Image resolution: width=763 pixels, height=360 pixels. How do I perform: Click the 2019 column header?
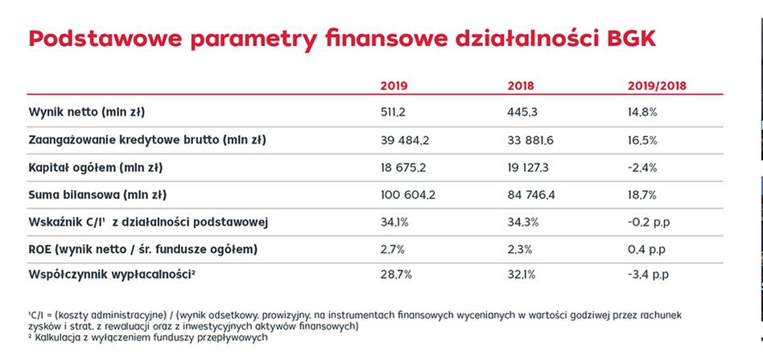[394, 85]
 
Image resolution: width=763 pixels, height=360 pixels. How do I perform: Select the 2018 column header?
[522, 85]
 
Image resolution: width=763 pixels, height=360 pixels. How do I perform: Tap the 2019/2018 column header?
[656, 85]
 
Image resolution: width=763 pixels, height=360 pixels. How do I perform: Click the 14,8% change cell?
[643, 111]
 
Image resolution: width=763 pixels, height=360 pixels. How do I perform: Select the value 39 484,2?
[405, 139]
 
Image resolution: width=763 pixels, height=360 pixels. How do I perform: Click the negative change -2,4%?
[642, 168]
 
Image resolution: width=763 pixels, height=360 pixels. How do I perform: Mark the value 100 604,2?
[408, 195]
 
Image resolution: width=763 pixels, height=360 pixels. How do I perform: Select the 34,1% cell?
[394, 222]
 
